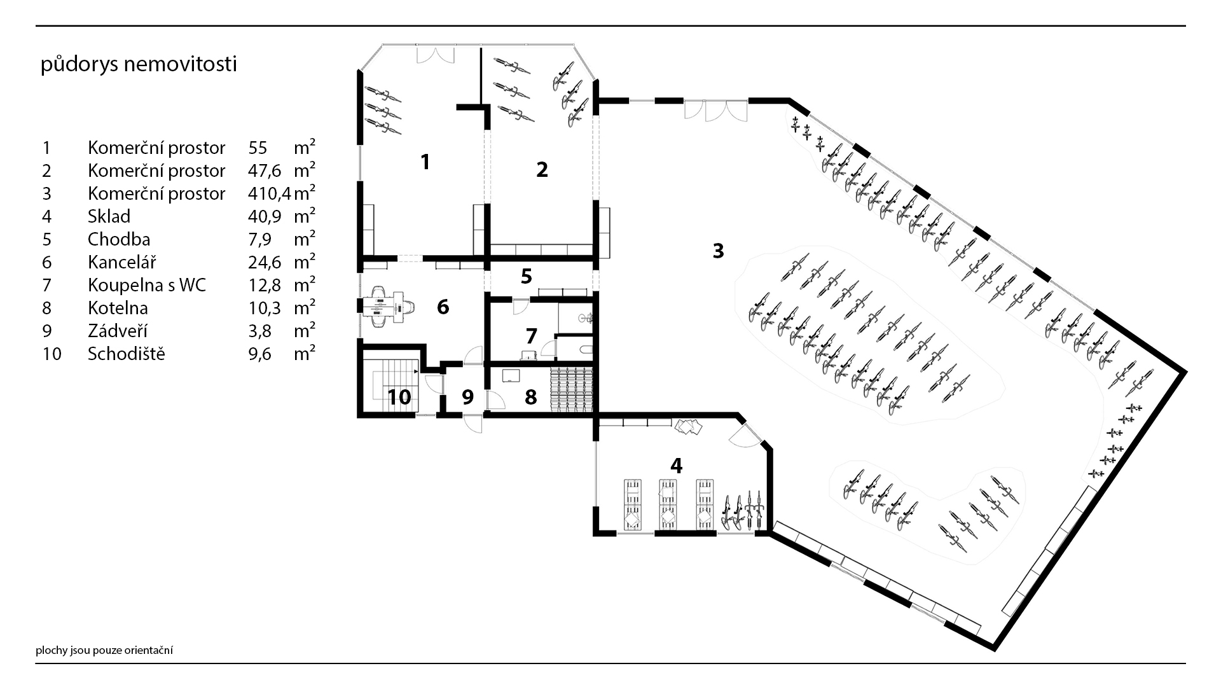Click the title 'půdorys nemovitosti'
[x=139, y=65]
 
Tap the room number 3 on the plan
[x=718, y=251]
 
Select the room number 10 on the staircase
[x=399, y=398]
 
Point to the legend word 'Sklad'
[x=109, y=216]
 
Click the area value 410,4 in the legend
[x=269, y=193]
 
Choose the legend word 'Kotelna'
[x=118, y=308]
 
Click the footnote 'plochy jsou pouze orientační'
[x=104, y=650]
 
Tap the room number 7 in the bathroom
[x=531, y=336]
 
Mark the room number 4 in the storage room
[x=676, y=466]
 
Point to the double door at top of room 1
[x=436, y=55]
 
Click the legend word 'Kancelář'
[x=121, y=262]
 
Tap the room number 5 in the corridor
[x=526, y=276]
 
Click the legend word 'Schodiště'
[x=126, y=354]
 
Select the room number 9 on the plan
[x=467, y=398]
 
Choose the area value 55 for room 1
[x=258, y=148]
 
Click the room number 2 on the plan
[x=542, y=170]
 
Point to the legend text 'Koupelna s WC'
[x=147, y=285]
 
